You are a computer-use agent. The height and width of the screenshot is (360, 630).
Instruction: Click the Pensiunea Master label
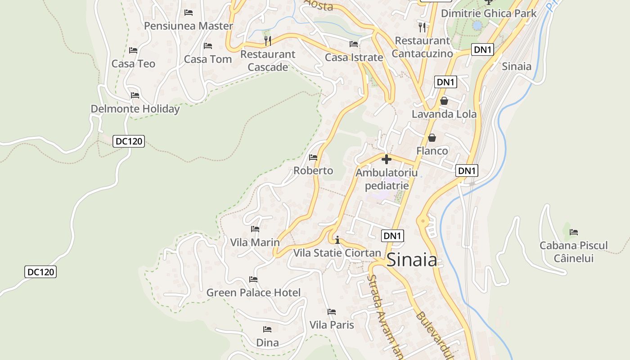coord(188,26)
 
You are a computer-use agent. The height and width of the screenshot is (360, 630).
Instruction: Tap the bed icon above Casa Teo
coord(133,50)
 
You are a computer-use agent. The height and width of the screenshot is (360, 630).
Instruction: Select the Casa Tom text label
coord(208,59)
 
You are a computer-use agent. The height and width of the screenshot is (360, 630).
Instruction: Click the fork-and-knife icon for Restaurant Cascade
coord(268,41)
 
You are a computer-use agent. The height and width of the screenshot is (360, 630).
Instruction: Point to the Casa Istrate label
coord(354,58)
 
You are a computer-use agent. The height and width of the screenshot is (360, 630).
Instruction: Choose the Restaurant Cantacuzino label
coord(422,47)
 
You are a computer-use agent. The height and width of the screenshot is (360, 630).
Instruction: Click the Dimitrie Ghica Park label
coord(489,13)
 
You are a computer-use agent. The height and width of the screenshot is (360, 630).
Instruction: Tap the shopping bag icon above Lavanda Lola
coord(444,101)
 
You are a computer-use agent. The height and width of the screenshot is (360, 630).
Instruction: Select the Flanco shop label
coord(432,151)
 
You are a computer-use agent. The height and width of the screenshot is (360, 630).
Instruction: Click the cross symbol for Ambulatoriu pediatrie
coord(386,159)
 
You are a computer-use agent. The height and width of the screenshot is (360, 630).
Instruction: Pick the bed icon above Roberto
coord(313,157)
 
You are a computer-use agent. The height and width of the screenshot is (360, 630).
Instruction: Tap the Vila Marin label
coord(255,242)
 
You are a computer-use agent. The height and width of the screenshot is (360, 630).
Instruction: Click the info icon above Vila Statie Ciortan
coord(337,240)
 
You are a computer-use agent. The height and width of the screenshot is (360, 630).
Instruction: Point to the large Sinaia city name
coord(412,260)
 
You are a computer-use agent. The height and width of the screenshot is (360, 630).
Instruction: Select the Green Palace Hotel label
coord(253,293)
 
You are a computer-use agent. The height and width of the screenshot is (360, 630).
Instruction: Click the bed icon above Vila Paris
coord(332,311)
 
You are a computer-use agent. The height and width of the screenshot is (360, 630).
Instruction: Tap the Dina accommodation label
coord(267,342)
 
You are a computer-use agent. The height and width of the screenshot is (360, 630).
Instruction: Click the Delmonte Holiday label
coord(135,109)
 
